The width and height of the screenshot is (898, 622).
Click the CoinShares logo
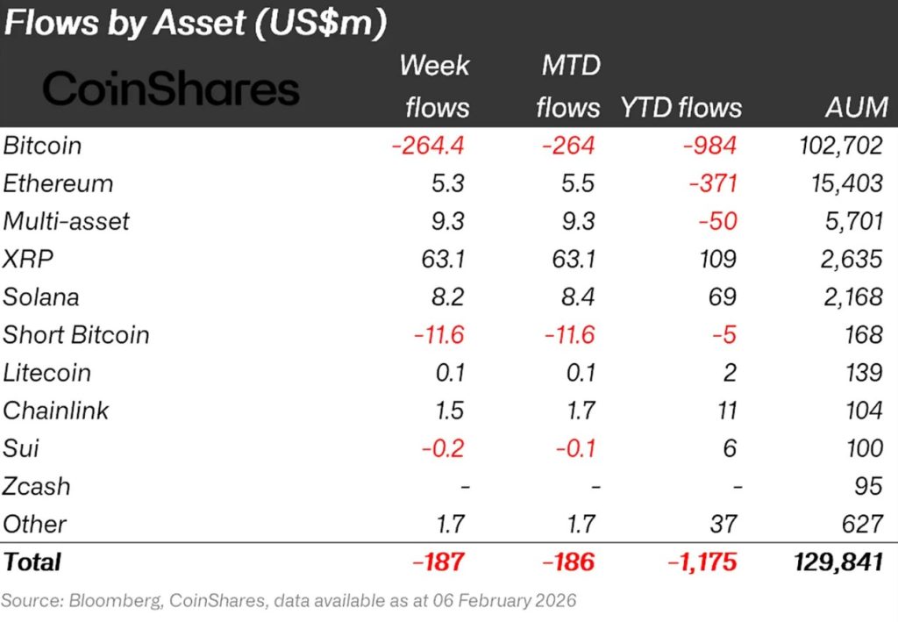point(171,89)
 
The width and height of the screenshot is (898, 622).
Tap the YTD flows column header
point(681,107)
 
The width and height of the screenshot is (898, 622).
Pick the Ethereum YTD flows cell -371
point(713,183)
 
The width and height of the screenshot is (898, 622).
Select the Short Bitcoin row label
point(76,334)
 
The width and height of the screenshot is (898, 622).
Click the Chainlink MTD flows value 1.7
point(579,411)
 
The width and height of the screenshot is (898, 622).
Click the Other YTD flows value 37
point(725,524)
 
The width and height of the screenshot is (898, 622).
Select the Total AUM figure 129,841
point(836,561)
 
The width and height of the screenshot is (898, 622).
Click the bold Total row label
point(32,561)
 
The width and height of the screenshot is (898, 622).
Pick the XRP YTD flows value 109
point(720,259)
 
